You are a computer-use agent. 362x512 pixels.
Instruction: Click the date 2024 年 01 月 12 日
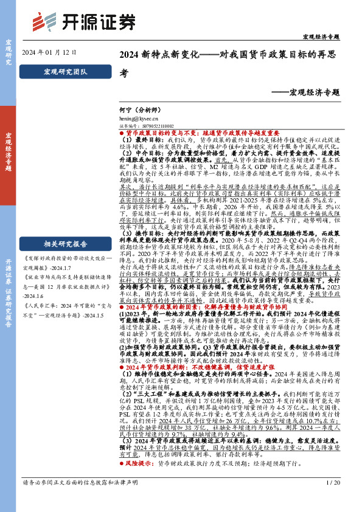(x=49, y=53)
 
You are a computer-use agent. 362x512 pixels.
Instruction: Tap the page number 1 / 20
(x=334, y=499)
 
